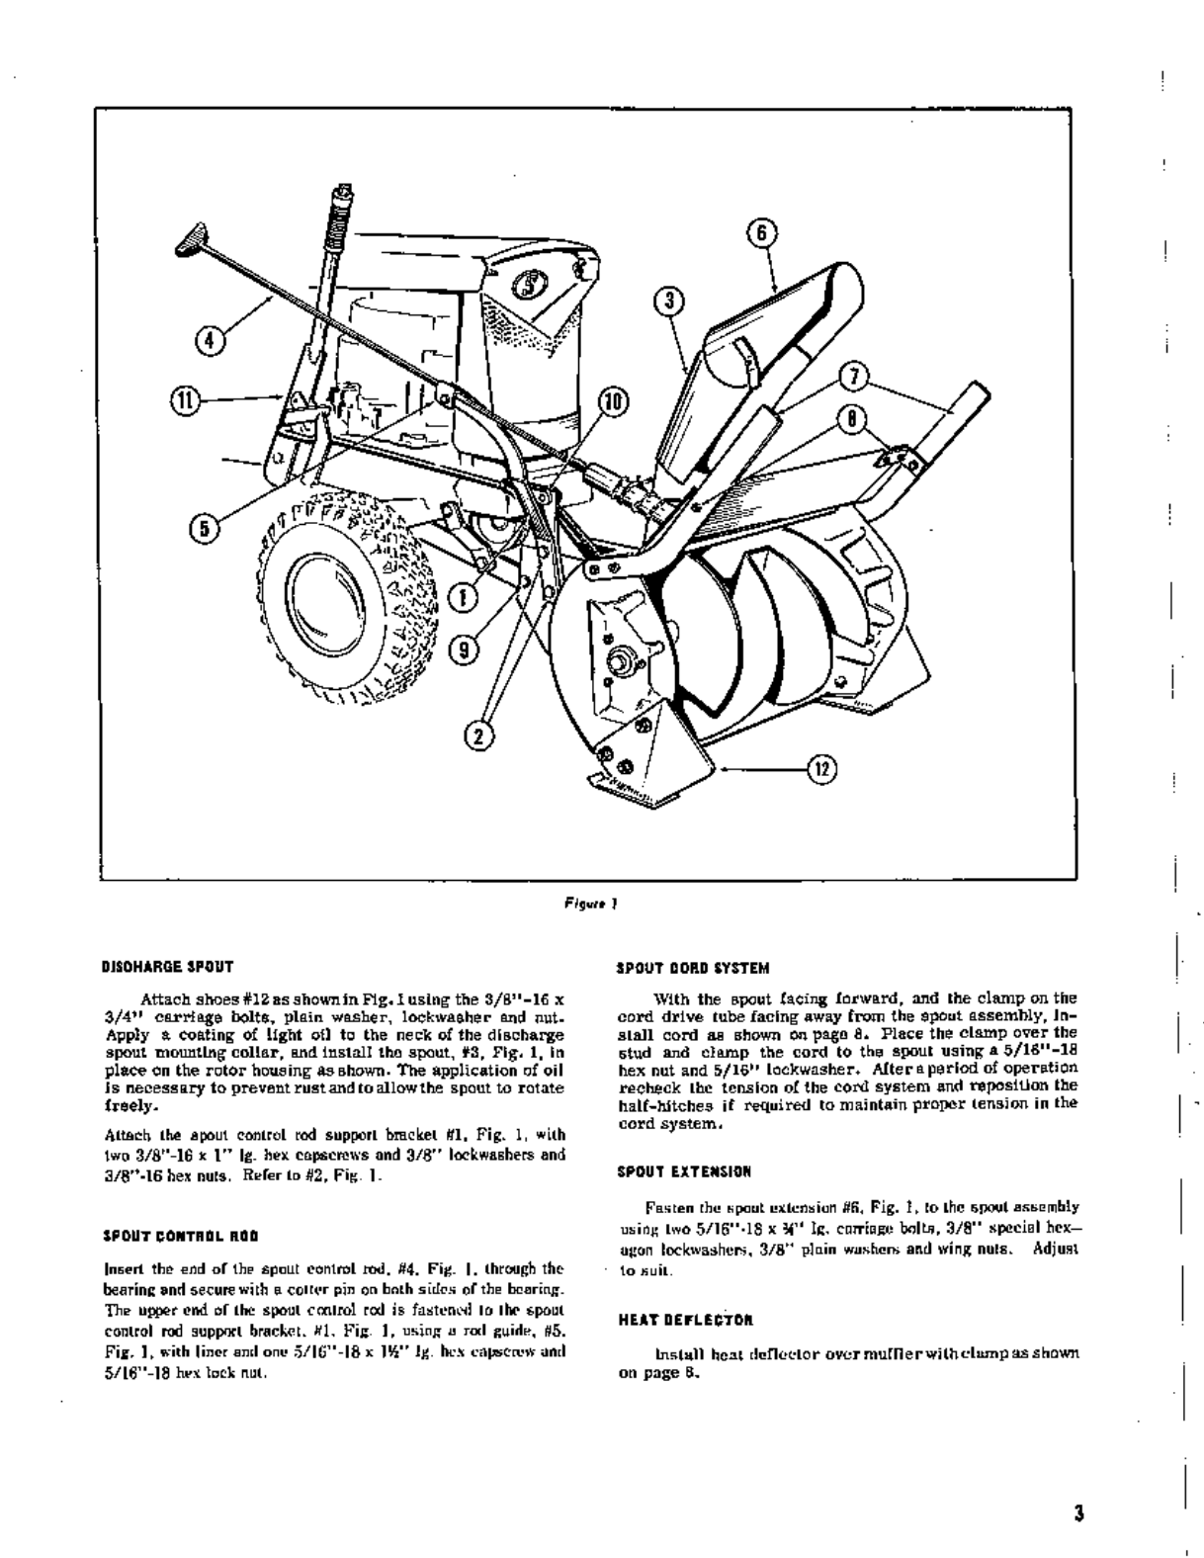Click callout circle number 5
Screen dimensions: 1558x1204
[x=205, y=528]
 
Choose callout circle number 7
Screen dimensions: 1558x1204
[x=853, y=377]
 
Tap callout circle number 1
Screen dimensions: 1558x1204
[x=462, y=596]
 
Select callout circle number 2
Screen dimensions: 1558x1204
[x=479, y=735]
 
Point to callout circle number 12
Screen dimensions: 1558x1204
[x=822, y=768]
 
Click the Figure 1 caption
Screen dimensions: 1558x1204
[x=590, y=902]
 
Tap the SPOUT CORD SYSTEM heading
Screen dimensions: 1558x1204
[x=693, y=968]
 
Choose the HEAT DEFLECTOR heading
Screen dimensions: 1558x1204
[x=685, y=1319]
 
